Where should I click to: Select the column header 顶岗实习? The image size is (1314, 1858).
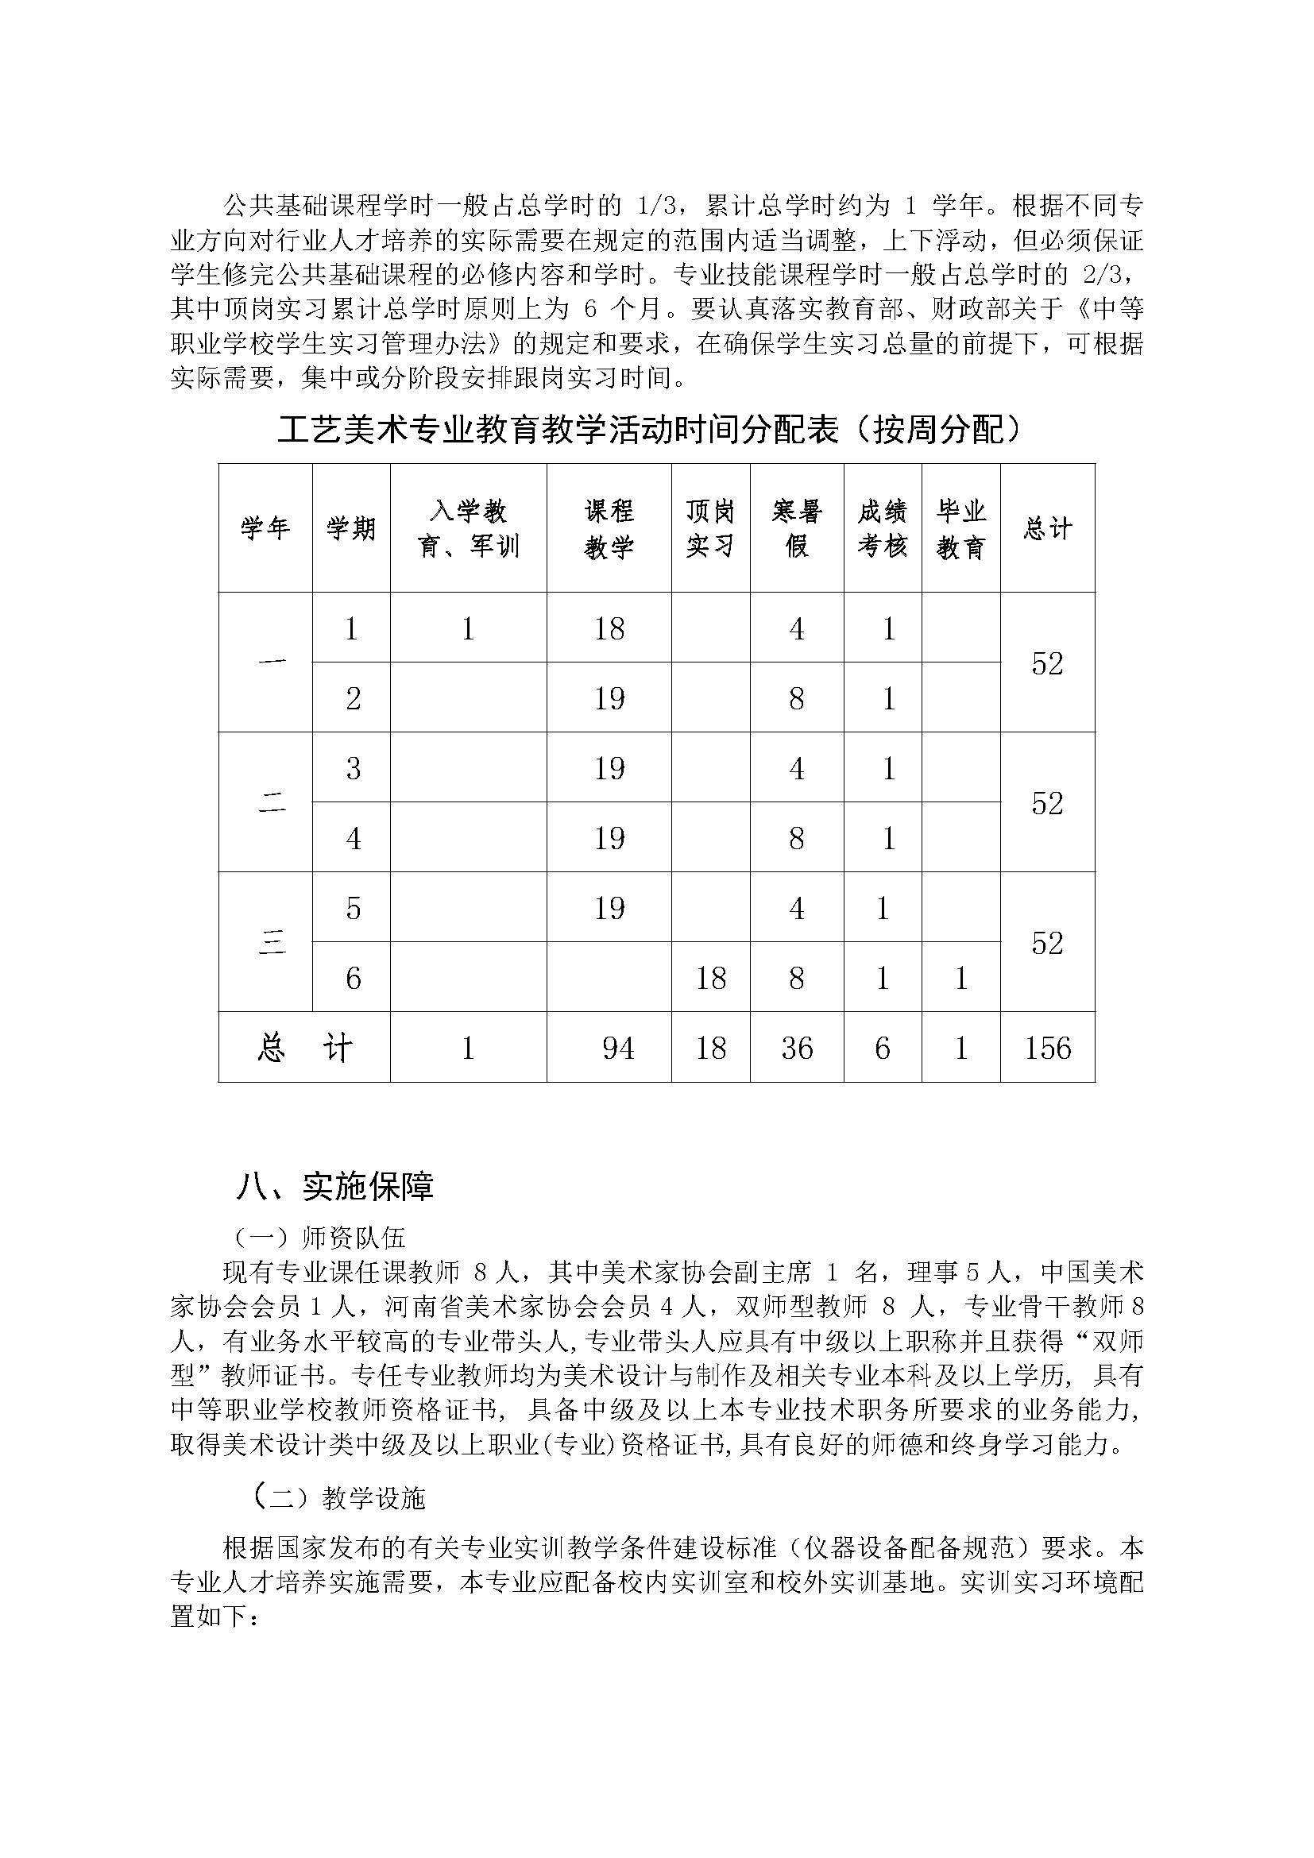[709, 528]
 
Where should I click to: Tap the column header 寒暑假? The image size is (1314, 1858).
[796, 528]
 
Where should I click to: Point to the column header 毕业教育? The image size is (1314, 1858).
[960, 528]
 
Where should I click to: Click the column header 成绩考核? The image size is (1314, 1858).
[882, 528]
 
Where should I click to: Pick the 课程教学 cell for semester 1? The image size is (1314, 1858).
[609, 629]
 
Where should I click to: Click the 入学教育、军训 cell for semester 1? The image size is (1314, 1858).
[468, 629]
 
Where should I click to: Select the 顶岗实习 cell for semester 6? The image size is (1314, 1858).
[709, 979]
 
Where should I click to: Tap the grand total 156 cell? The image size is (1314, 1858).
[1047, 1048]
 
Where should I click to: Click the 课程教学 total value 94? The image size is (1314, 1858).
[618, 1048]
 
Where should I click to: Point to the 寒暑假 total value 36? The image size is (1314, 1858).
[796, 1048]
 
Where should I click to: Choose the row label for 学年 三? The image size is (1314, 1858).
[271, 943]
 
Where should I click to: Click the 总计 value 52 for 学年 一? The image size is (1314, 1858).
[1047, 663]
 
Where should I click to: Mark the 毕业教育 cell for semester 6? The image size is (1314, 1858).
[960, 979]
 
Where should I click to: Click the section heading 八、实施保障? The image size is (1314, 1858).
[335, 1186]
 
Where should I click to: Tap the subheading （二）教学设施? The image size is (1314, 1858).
[338, 1499]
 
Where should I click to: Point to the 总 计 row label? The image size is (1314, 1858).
[304, 1048]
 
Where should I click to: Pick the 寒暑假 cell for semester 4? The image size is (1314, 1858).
[796, 838]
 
